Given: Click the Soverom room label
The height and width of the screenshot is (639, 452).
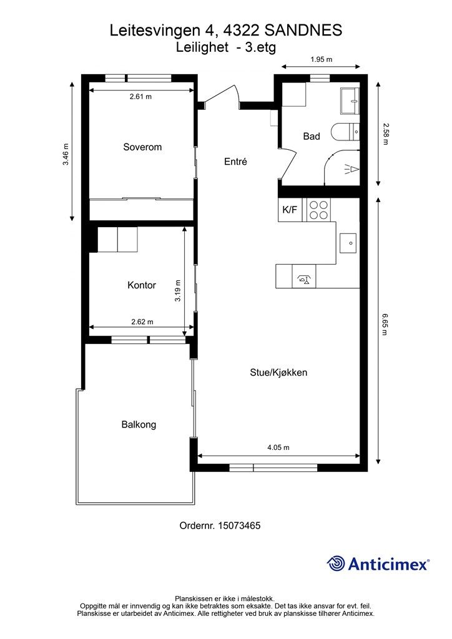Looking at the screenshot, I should (142, 147).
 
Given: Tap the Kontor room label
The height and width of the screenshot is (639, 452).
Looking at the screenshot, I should (142, 285).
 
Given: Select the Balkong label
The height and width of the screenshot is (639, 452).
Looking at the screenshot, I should (139, 425).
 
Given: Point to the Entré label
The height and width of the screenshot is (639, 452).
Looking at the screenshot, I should (236, 162).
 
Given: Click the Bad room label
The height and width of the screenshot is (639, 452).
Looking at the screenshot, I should (312, 136).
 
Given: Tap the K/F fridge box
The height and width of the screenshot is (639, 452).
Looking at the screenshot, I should (290, 210).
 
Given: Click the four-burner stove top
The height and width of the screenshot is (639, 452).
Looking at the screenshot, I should (318, 210).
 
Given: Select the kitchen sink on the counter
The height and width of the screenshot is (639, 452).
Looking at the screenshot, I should (348, 242).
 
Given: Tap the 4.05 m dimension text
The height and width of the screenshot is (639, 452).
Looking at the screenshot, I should (278, 447).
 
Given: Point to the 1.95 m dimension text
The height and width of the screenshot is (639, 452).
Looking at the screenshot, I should (321, 60).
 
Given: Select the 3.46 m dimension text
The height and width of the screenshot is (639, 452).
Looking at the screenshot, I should (66, 154).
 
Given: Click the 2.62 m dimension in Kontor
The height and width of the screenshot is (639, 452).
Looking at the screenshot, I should (142, 322).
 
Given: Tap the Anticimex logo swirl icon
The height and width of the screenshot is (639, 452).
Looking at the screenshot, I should (336, 563).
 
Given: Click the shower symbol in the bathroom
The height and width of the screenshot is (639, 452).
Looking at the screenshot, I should (351, 168).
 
